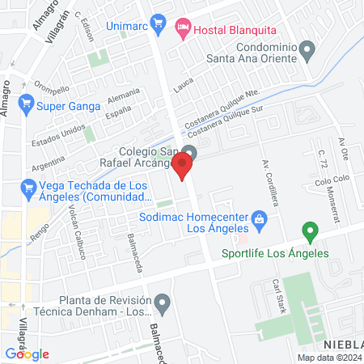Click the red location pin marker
pyautogui.click(x=183, y=168)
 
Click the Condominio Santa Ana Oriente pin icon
pyautogui.click(x=307, y=51)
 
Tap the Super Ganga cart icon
pyautogui.click(x=27, y=103)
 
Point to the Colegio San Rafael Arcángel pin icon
pyautogui.click(x=189, y=152)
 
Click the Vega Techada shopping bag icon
pyautogui.click(x=26, y=188)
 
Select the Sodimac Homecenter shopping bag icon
pyautogui.click(x=260, y=218)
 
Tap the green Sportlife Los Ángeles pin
pyautogui.click(x=309, y=233)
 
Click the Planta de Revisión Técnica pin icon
pyautogui.click(x=163, y=305)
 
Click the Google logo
pyautogui.click(x=27, y=353)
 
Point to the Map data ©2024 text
pyautogui.click(x=328, y=358)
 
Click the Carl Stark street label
pyautogui.click(x=280, y=294)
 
